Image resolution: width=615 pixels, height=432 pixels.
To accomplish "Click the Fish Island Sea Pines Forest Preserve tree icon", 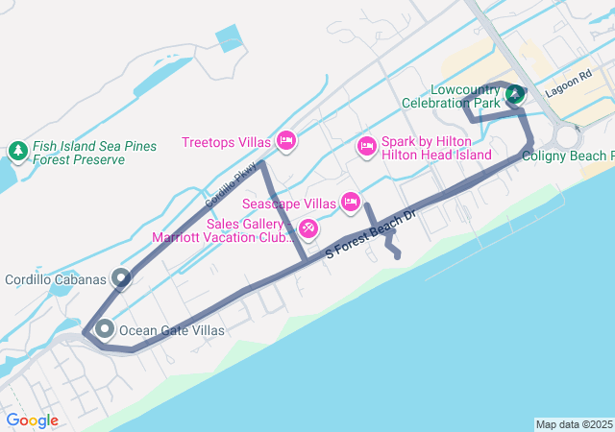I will tap(17, 151).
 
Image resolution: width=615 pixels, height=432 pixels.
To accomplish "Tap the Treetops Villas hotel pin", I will tap(285, 142).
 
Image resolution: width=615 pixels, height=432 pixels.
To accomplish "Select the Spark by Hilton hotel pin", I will tap(366, 147).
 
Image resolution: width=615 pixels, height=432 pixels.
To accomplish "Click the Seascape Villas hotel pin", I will tap(350, 203).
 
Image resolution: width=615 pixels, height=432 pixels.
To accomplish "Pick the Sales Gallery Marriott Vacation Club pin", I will tap(308, 228).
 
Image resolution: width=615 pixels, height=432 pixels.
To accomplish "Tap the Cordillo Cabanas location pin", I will tap(121, 278).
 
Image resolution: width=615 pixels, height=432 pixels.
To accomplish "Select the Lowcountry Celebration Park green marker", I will tap(515, 93).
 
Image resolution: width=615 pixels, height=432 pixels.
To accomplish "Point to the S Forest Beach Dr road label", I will tap(370, 234).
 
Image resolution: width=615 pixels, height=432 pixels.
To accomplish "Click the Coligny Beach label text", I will tap(568, 156).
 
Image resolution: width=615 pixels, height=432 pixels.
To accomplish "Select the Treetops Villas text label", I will tap(226, 143).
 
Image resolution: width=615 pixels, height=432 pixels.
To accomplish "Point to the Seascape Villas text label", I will tap(288, 204).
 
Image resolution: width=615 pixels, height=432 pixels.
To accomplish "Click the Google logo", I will tap(32, 420).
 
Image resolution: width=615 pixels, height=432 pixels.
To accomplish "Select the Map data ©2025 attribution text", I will tap(573, 424).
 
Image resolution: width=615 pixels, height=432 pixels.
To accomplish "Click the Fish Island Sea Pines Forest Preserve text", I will tap(93, 153).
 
